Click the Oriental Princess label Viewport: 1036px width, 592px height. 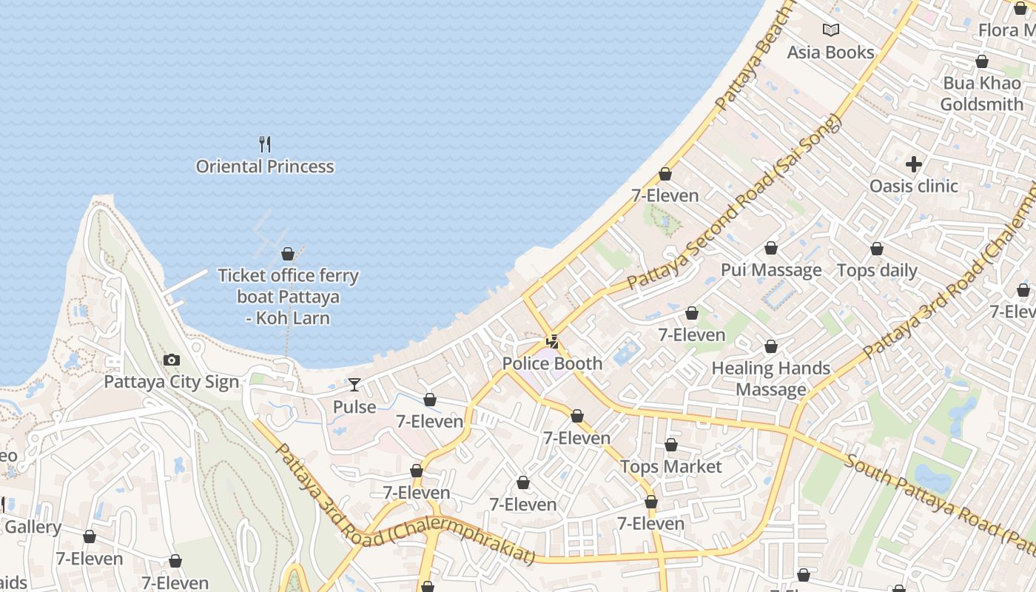(x=265, y=166)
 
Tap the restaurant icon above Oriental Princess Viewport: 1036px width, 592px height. (x=265, y=144)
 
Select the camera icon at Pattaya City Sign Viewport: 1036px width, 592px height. (x=171, y=360)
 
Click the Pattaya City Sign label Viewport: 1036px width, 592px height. (x=171, y=382)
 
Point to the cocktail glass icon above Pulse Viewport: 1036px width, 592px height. (x=354, y=385)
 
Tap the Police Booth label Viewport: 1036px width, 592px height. (x=552, y=363)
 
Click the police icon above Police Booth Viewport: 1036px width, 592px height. (x=552, y=342)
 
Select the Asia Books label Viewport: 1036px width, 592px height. (x=830, y=53)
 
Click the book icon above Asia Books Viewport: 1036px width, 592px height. (x=831, y=30)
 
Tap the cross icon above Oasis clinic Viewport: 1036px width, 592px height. (x=914, y=164)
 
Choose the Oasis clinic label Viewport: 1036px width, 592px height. (x=914, y=186)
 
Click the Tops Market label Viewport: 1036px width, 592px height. (x=670, y=467)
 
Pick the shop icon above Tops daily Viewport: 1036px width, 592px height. (x=877, y=249)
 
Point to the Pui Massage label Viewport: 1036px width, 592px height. (x=771, y=270)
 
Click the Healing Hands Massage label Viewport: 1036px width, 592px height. (x=771, y=378)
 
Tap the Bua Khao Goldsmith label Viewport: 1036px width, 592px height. (x=982, y=94)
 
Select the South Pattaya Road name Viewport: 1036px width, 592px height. (x=940, y=496)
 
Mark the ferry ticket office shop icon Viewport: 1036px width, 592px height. (x=288, y=255)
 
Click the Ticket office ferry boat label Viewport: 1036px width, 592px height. (x=288, y=297)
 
